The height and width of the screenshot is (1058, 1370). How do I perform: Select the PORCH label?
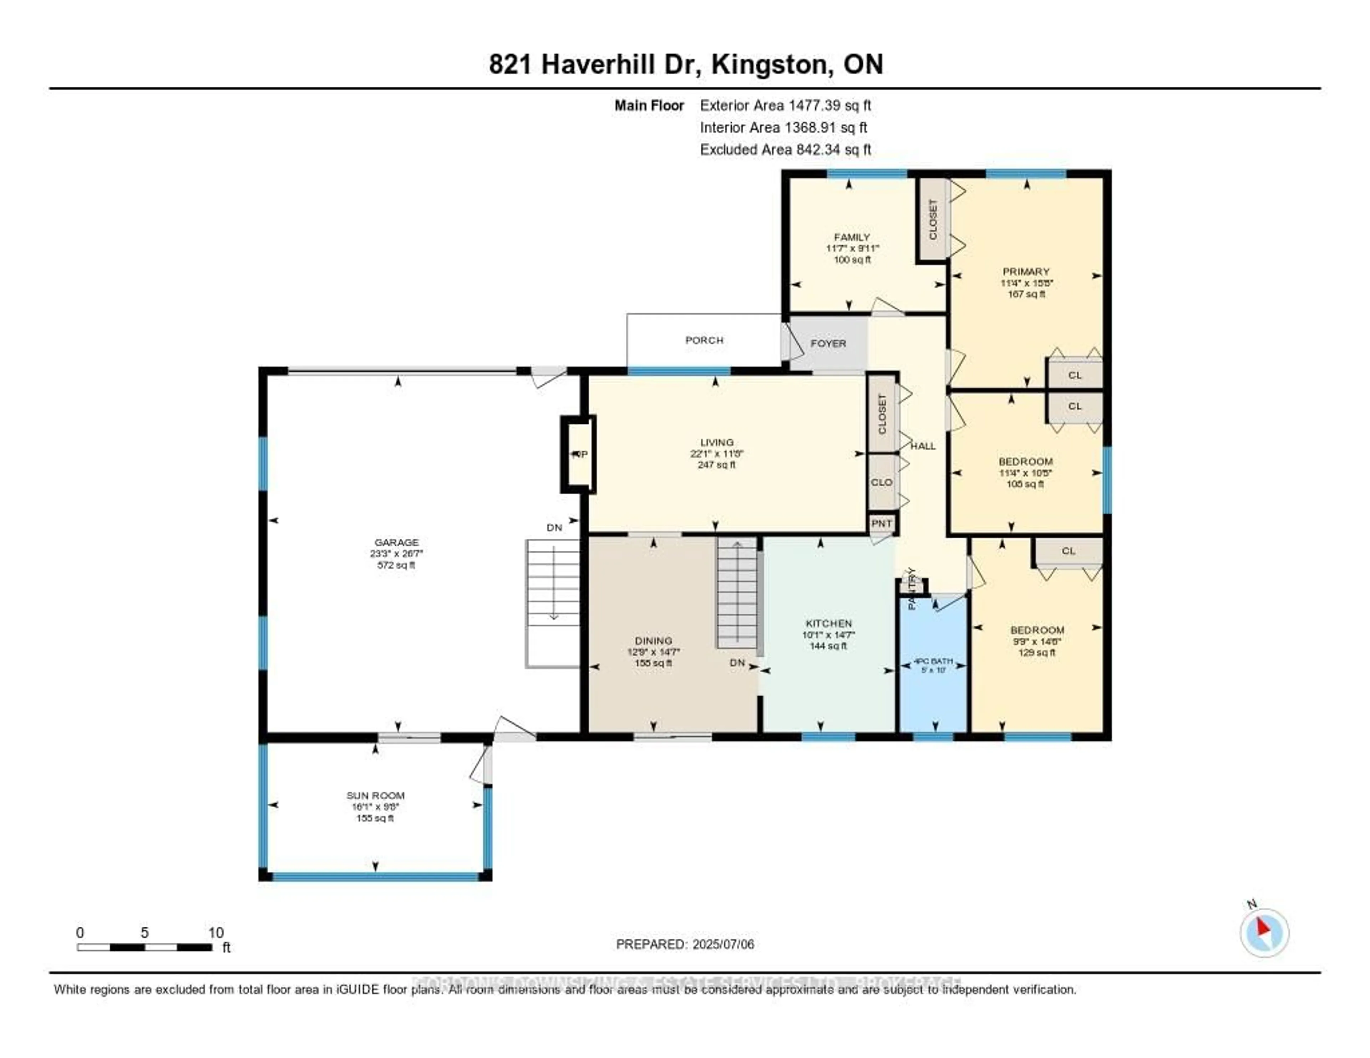click(704, 340)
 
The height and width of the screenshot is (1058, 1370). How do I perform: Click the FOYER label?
click(828, 344)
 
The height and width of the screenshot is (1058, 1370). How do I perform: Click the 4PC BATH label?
click(933, 661)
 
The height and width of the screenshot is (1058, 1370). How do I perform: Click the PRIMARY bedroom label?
click(1026, 271)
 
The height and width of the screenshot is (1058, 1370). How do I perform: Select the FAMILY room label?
click(851, 237)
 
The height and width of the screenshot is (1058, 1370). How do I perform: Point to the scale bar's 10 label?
click(216, 932)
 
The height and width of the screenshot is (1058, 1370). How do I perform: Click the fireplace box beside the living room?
click(578, 454)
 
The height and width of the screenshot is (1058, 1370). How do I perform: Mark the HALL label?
click(923, 446)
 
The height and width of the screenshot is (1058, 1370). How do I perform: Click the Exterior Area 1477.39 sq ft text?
click(785, 105)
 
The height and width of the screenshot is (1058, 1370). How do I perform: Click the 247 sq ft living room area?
click(716, 465)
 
